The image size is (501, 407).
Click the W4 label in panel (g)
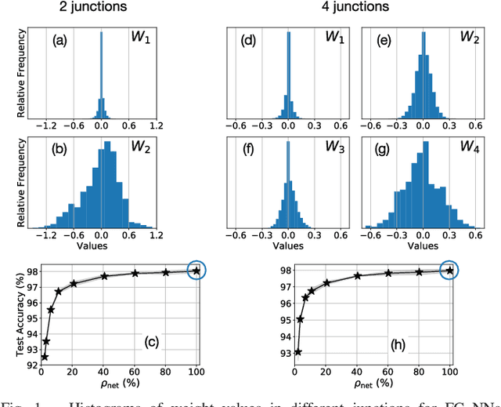tap(469, 147)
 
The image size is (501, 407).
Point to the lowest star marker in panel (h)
tap(298, 351)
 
